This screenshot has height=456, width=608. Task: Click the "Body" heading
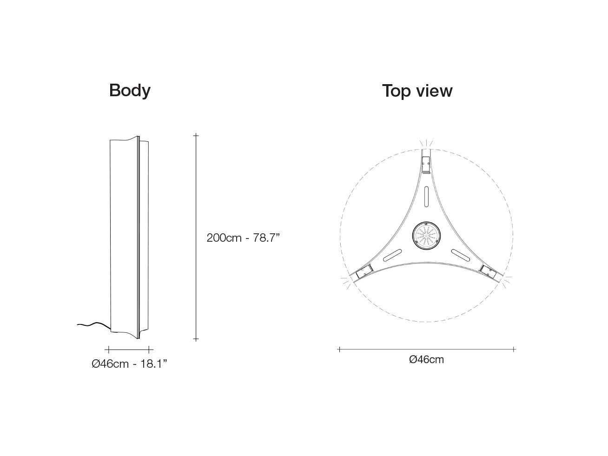[130, 90]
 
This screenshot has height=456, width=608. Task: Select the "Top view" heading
[417, 91]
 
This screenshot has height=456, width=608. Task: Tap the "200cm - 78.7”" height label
[243, 238]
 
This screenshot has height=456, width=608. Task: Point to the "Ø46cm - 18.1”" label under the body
[129, 363]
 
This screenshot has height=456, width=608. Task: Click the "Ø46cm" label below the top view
[426, 359]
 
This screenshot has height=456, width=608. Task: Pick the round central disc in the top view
[425, 236]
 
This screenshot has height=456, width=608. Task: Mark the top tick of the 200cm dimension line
[196, 136]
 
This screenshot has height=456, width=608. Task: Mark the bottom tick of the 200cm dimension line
[196, 339]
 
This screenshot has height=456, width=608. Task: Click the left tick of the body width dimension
[108, 349]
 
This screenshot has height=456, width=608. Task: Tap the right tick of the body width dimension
[149, 349]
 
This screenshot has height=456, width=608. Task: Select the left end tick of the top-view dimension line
[339, 349]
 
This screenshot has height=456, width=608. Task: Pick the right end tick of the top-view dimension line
[514, 349]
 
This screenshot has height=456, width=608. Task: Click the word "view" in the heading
[435, 91]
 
